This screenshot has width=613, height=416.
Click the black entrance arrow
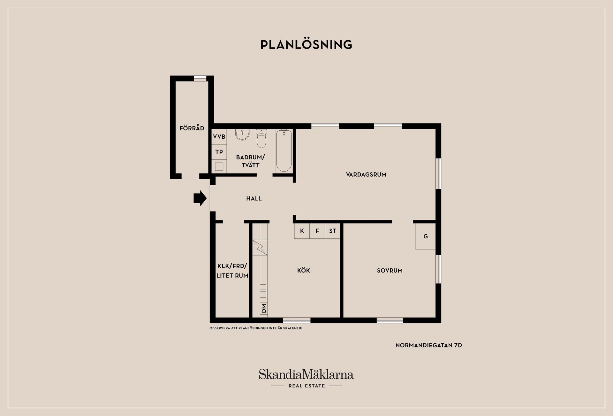point(200,198)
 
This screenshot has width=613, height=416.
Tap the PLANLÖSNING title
point(306,44)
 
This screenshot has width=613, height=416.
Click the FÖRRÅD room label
point(192,128)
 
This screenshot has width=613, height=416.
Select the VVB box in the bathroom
point(219,137)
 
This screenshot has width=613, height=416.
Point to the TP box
point(219,152)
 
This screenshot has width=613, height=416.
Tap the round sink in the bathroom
point(242,135)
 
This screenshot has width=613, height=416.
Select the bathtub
point(284,150)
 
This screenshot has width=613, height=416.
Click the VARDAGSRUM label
point(366,174)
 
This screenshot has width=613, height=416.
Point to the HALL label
point(254,198)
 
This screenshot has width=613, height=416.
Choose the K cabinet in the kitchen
point(302,231)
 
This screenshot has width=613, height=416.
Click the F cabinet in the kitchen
point(317,231)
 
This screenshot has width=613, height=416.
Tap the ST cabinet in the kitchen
point(333,231)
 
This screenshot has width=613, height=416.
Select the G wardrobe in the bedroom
point(426,236)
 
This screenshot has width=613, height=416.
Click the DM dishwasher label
point(264,308)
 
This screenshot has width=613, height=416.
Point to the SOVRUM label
point(390,271)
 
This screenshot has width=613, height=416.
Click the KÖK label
point(303,271)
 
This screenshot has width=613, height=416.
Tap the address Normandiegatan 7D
point(429,345)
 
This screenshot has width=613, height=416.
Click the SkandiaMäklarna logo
point(306,378)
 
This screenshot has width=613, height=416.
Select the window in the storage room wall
point(200,78)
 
